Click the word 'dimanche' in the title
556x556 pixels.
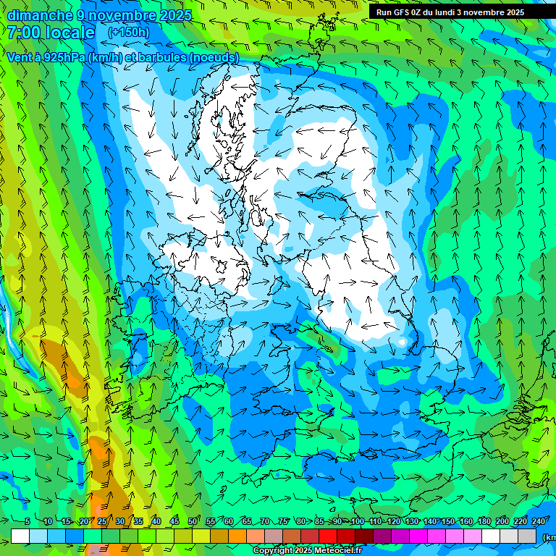tap(39, 15)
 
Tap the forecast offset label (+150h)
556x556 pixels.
tap(128, 33)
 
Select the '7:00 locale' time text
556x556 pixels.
tap(51, 33)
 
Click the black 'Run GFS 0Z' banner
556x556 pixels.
tap(450, 12)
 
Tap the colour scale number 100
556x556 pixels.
tap(357, 521)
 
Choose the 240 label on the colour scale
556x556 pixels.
tap(539, 521)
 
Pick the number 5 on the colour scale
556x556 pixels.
tap(28, 521)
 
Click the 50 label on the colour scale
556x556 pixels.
tap(193, 521)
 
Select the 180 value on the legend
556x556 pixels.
tap(483, 521)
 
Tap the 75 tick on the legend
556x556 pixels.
tap(283, 521)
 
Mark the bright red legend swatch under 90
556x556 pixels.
tap(328, 536)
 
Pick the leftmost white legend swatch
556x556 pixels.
tap(20, 536)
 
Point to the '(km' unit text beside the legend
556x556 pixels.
tap(549, 536)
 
